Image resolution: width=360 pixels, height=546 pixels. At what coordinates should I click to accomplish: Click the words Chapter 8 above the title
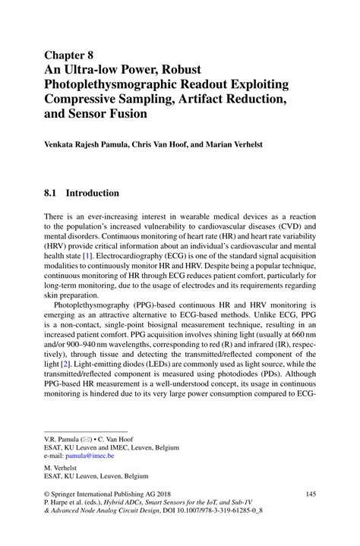(x=71, y=55)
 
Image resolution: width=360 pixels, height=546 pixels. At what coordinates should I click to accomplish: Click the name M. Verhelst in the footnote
(x=66, y=469)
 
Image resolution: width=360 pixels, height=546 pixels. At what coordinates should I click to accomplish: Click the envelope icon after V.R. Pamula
(x=90, y=438)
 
